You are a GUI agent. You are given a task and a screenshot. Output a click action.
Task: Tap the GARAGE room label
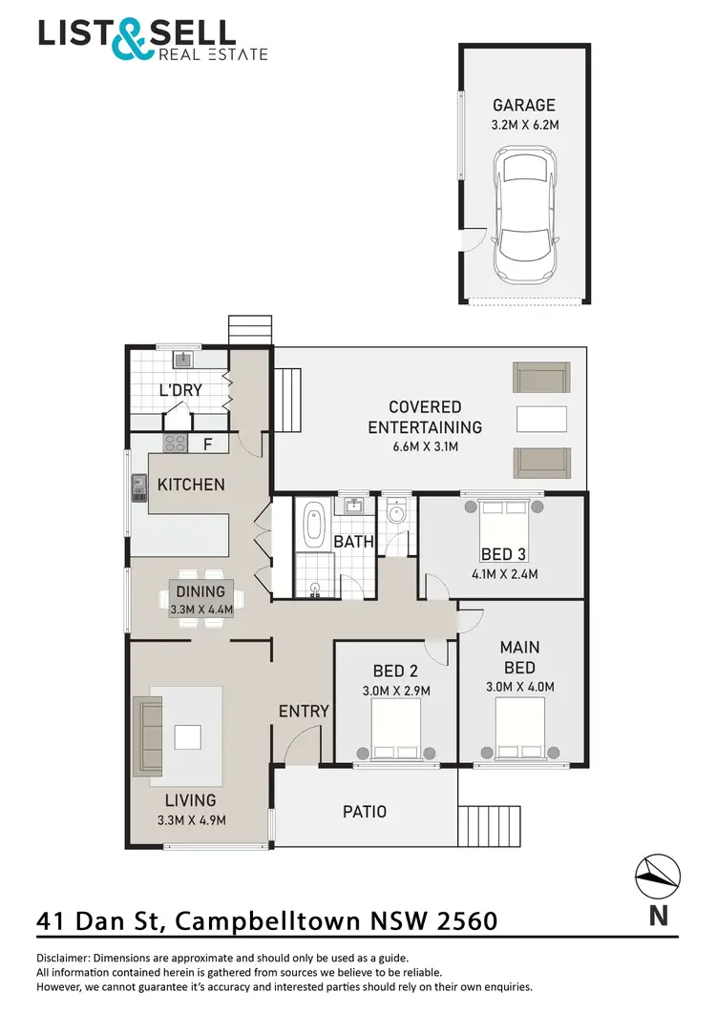pos(523,105)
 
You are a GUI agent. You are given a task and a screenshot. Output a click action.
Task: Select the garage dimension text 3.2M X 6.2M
pos(523,125)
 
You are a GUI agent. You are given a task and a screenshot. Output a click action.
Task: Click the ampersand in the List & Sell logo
pos(130,38)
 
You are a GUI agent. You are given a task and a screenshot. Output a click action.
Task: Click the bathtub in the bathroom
pos(313,527)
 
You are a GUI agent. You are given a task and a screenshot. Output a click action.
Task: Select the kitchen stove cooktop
pos(177,443)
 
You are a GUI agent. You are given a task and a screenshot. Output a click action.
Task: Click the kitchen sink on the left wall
pos(138,487)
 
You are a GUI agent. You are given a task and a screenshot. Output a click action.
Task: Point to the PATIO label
pos(365,812)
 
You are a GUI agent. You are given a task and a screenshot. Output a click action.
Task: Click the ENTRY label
pos(304,711)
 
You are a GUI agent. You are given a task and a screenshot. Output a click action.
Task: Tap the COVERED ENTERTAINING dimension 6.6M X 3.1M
pos(425,447)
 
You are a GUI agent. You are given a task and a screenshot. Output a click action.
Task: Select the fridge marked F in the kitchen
pos(207,444)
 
